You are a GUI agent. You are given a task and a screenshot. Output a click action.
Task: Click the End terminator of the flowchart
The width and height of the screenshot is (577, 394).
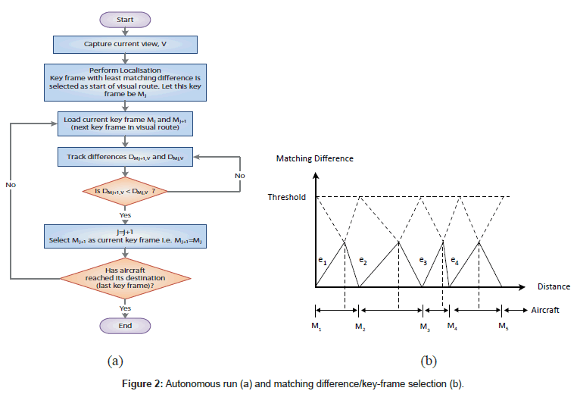click(x=125, y=325)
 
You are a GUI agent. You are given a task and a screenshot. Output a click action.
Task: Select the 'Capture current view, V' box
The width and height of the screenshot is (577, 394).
click(x=125, y=44)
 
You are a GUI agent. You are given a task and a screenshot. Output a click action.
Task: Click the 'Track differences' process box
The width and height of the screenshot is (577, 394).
click(x=125, y=158)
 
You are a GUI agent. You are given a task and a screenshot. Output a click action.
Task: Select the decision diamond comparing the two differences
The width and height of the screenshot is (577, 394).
click(x=125, y=192)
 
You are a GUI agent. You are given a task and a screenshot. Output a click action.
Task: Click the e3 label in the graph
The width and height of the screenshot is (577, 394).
click(x=423, y=261)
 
